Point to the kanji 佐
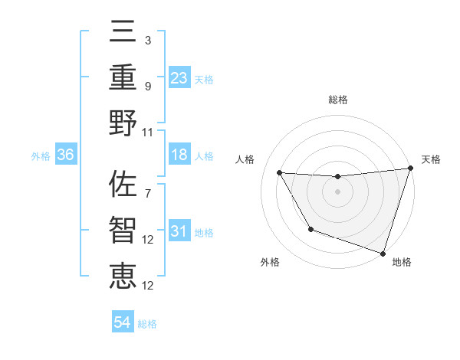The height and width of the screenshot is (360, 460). click(123, 186)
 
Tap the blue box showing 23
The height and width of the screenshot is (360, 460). click(179, 78)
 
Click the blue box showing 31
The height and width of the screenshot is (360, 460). click(179, 232)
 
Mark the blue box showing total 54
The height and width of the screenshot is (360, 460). click(122, 323)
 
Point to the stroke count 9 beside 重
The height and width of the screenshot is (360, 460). click(147, 86)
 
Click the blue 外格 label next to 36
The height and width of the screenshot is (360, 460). click(41, 156)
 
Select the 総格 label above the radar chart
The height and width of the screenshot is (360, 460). click(337, 100)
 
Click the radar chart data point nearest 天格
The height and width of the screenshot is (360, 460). click(410, 169)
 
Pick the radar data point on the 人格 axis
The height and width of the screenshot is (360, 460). click(280, 173)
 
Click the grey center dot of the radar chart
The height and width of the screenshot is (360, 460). click(337, 191)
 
